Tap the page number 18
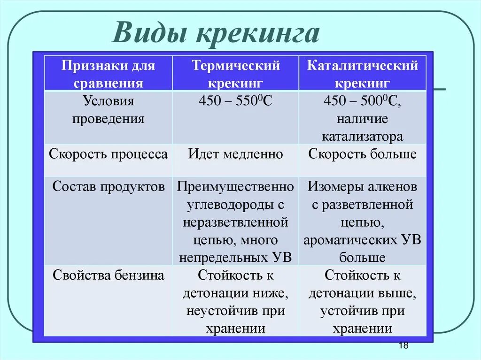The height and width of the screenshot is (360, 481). tap(403, 346)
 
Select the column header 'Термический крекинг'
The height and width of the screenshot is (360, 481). tap(235, 74)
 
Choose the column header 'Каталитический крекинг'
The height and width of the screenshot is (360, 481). tap(362, 74)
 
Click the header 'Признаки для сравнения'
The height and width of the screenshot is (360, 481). tap(109, 74)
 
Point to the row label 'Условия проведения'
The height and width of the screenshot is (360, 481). tap(109, 110)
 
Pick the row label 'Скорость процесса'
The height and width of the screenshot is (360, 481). tap(109, 154)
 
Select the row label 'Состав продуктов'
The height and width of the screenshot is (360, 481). tap(109, 186)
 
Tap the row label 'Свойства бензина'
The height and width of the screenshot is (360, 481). tap(109, 275)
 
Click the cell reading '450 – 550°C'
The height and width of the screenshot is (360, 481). tap(235, 101)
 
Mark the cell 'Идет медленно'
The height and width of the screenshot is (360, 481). tap(235, 154)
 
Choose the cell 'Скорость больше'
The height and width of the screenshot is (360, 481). tap(362, 154)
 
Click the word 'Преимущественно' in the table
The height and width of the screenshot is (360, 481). tap(235, 186)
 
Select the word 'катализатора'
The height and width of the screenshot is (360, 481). tap(362, 137)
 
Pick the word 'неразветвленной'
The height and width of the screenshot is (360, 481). tap(235, 222)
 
